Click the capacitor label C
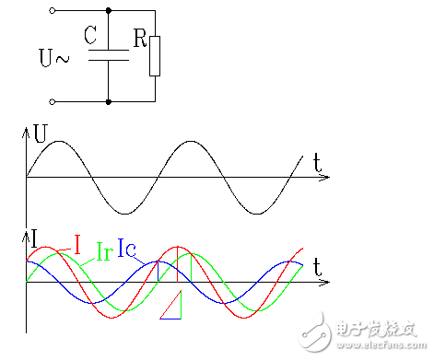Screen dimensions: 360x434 pyautogui.click(x=89, y=36)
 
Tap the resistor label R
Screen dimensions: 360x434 pyautogui.click(x=138, y=40)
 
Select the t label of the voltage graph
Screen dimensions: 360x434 pyautogui.click(x=316, y=163)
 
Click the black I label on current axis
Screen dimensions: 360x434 pyautogui.click(x=34, y=240)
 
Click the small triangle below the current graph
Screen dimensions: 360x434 pyautogui.click(x=172, y=308)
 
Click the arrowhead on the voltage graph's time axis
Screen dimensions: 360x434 pyautogui.click(x=323, y=176)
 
